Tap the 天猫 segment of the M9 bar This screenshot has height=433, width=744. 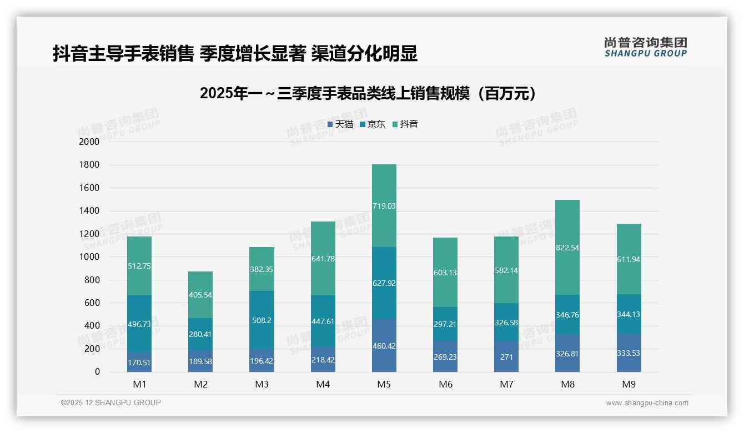pyautogui.click(x=629, y=353)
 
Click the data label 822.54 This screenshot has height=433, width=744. pyautogui.click(x=567, y=248)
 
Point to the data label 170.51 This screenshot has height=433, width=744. pyautogui.click(x=139, y=362)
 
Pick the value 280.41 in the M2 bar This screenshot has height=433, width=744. pyautogui.click(x=200, y=334)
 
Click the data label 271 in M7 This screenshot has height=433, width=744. pyautogui.click(x=506, y=358)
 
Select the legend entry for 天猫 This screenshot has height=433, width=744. pyautogui.click(x=340, y=124)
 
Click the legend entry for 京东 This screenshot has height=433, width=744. pyautogui.click(x=373, y=124)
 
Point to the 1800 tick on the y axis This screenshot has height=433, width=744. pyautogui.click(x=89, y=165)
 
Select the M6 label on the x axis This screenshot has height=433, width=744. pyautogui.click(x=445, y=384)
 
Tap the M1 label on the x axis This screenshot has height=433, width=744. pyautogui.click(x=139, y=384)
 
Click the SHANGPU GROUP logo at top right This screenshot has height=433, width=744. pyautogui.click(x=645, y=47)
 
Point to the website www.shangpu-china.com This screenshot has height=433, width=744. pyautogui.click(x=647, y=403)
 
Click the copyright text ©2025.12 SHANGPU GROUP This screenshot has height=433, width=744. pyautogui.click(x=111, y=402)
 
